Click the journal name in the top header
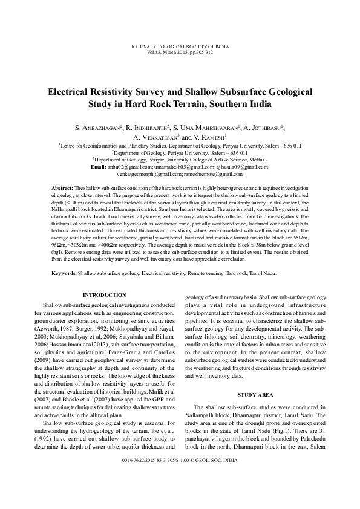(180, 47)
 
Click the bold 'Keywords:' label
(64, 273)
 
